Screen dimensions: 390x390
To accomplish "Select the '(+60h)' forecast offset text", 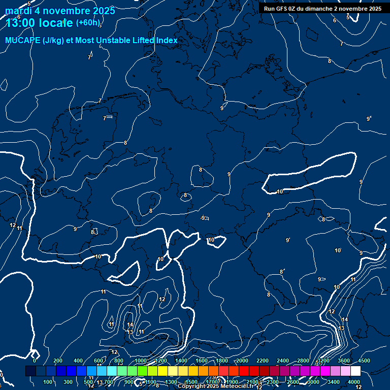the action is click(88, 23).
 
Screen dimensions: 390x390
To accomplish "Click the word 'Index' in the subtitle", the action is click(167, 41).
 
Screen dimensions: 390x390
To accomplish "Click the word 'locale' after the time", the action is click(55, 23).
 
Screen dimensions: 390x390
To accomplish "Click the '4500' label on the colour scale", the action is click(364, 361).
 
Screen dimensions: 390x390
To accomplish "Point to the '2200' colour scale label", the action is click(263, 361).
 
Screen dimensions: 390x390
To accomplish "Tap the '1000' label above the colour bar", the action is click(141, 361).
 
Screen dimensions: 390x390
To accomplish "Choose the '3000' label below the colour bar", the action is click(313, 382).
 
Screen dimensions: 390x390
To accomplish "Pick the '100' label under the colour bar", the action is click(49, 382).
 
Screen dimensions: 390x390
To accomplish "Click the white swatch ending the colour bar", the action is click(355, 371).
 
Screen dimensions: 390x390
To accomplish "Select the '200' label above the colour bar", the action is click(58, 361).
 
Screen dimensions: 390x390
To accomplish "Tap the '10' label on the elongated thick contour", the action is click(280, 191).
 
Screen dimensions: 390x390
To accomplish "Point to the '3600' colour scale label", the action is click(344, 361).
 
